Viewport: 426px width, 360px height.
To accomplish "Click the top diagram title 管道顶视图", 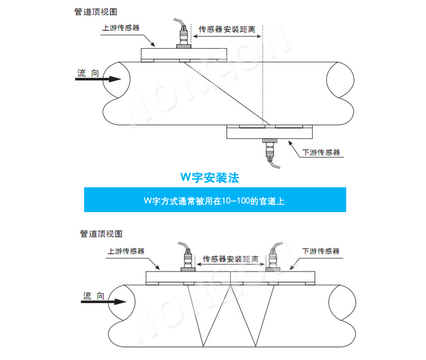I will [x=95, y=11].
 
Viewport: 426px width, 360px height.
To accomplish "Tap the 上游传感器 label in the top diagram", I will [x=120, y=27].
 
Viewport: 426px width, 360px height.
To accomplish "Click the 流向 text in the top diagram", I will [x=88, y=73].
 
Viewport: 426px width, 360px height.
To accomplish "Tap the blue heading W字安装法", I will [x=209, y=177].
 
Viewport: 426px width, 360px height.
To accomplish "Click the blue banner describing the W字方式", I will [x=215, y=200].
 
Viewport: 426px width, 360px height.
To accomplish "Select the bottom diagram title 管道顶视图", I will [x=101, y=234].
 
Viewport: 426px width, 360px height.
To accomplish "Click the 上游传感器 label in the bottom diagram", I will [x=126, y=251].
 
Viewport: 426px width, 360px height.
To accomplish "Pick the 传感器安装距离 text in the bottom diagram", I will [x=230, y=259].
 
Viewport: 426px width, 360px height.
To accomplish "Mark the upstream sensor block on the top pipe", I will [x=184, y=54].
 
